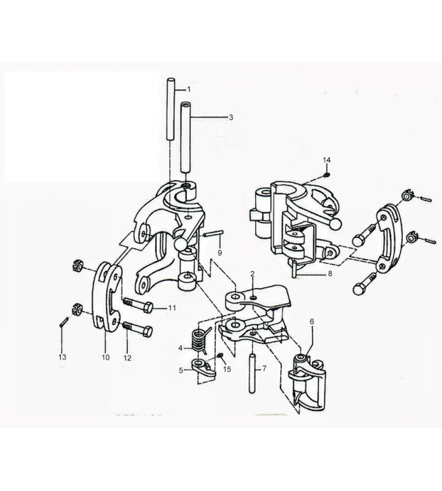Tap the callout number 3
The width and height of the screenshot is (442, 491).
click(x=231, y=117)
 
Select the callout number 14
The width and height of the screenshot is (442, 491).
click(x=327, y=160)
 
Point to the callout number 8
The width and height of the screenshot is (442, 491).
click(x=331, y=273)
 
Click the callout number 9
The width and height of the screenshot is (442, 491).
click(x=220, y=253)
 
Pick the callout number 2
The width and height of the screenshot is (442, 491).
click(x=252, y=273)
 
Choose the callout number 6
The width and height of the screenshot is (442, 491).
click(x=311, y=322)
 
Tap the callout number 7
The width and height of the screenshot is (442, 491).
click(x=264, y=368)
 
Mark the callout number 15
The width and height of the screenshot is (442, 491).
click(x=226, y=369)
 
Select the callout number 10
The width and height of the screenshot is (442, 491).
click(x=106, y=357)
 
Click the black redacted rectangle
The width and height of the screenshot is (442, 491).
click(x=83, y=126)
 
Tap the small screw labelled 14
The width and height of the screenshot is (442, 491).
click(x=327, y=175)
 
